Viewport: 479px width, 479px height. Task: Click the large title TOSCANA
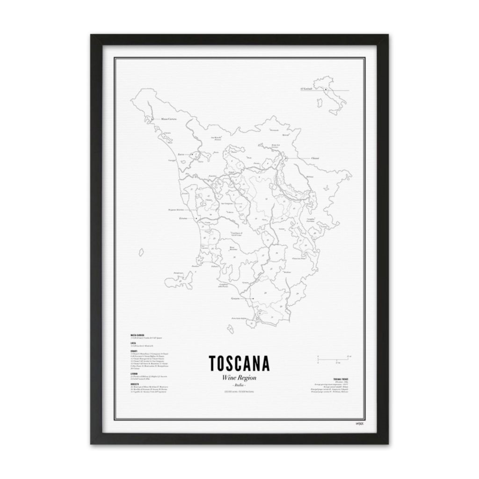(239, 363)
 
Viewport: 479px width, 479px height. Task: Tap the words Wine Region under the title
(239, 378)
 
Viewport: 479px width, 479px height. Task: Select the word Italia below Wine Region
(239, 385)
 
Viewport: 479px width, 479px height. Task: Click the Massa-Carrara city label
(168, 119)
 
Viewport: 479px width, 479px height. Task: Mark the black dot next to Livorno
(197, 218)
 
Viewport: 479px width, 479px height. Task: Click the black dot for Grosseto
(252, 298)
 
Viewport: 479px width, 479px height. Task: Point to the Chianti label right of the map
(315, 159)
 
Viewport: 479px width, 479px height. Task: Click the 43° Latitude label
(306, 89)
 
